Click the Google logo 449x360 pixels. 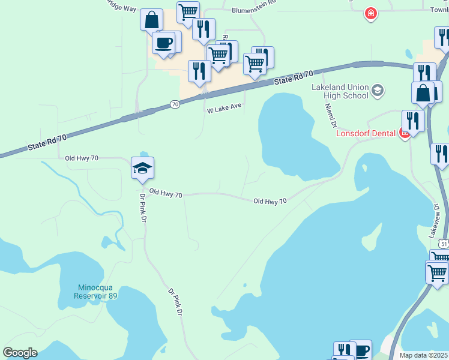coord(20,353)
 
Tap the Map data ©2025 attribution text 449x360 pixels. coord(424,355)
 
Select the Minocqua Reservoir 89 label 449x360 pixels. coord(96,290)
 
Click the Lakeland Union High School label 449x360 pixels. coord(340,91)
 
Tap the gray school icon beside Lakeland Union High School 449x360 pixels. coord(377,91)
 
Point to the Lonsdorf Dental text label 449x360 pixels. coord(366,133)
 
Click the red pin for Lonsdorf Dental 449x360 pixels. coord(405,133)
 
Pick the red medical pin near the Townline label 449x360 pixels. coord(371,13)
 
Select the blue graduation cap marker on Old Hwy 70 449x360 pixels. coord(143,168)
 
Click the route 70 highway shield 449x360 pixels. coord(175,104)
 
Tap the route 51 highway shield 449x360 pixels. coord(443,244)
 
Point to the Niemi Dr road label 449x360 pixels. coord(331,114)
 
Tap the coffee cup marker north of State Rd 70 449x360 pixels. coord(163,43)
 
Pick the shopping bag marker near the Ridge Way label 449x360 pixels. coord(151,19)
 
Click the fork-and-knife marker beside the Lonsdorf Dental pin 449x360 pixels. coord(413,120)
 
